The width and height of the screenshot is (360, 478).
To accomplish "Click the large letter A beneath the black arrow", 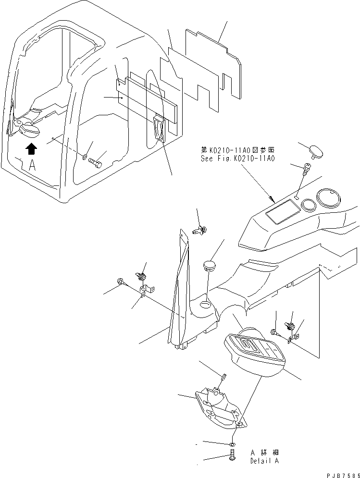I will pyautogui.click(x=32, y=166).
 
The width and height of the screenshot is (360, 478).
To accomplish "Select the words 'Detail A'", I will pyautogui.click(x=264, y=461).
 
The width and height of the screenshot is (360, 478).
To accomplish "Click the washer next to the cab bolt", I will pyautogui.click(x=85, y=157).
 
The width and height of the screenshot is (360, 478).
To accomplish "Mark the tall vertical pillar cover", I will pyautogui.click(x=179, y=288).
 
